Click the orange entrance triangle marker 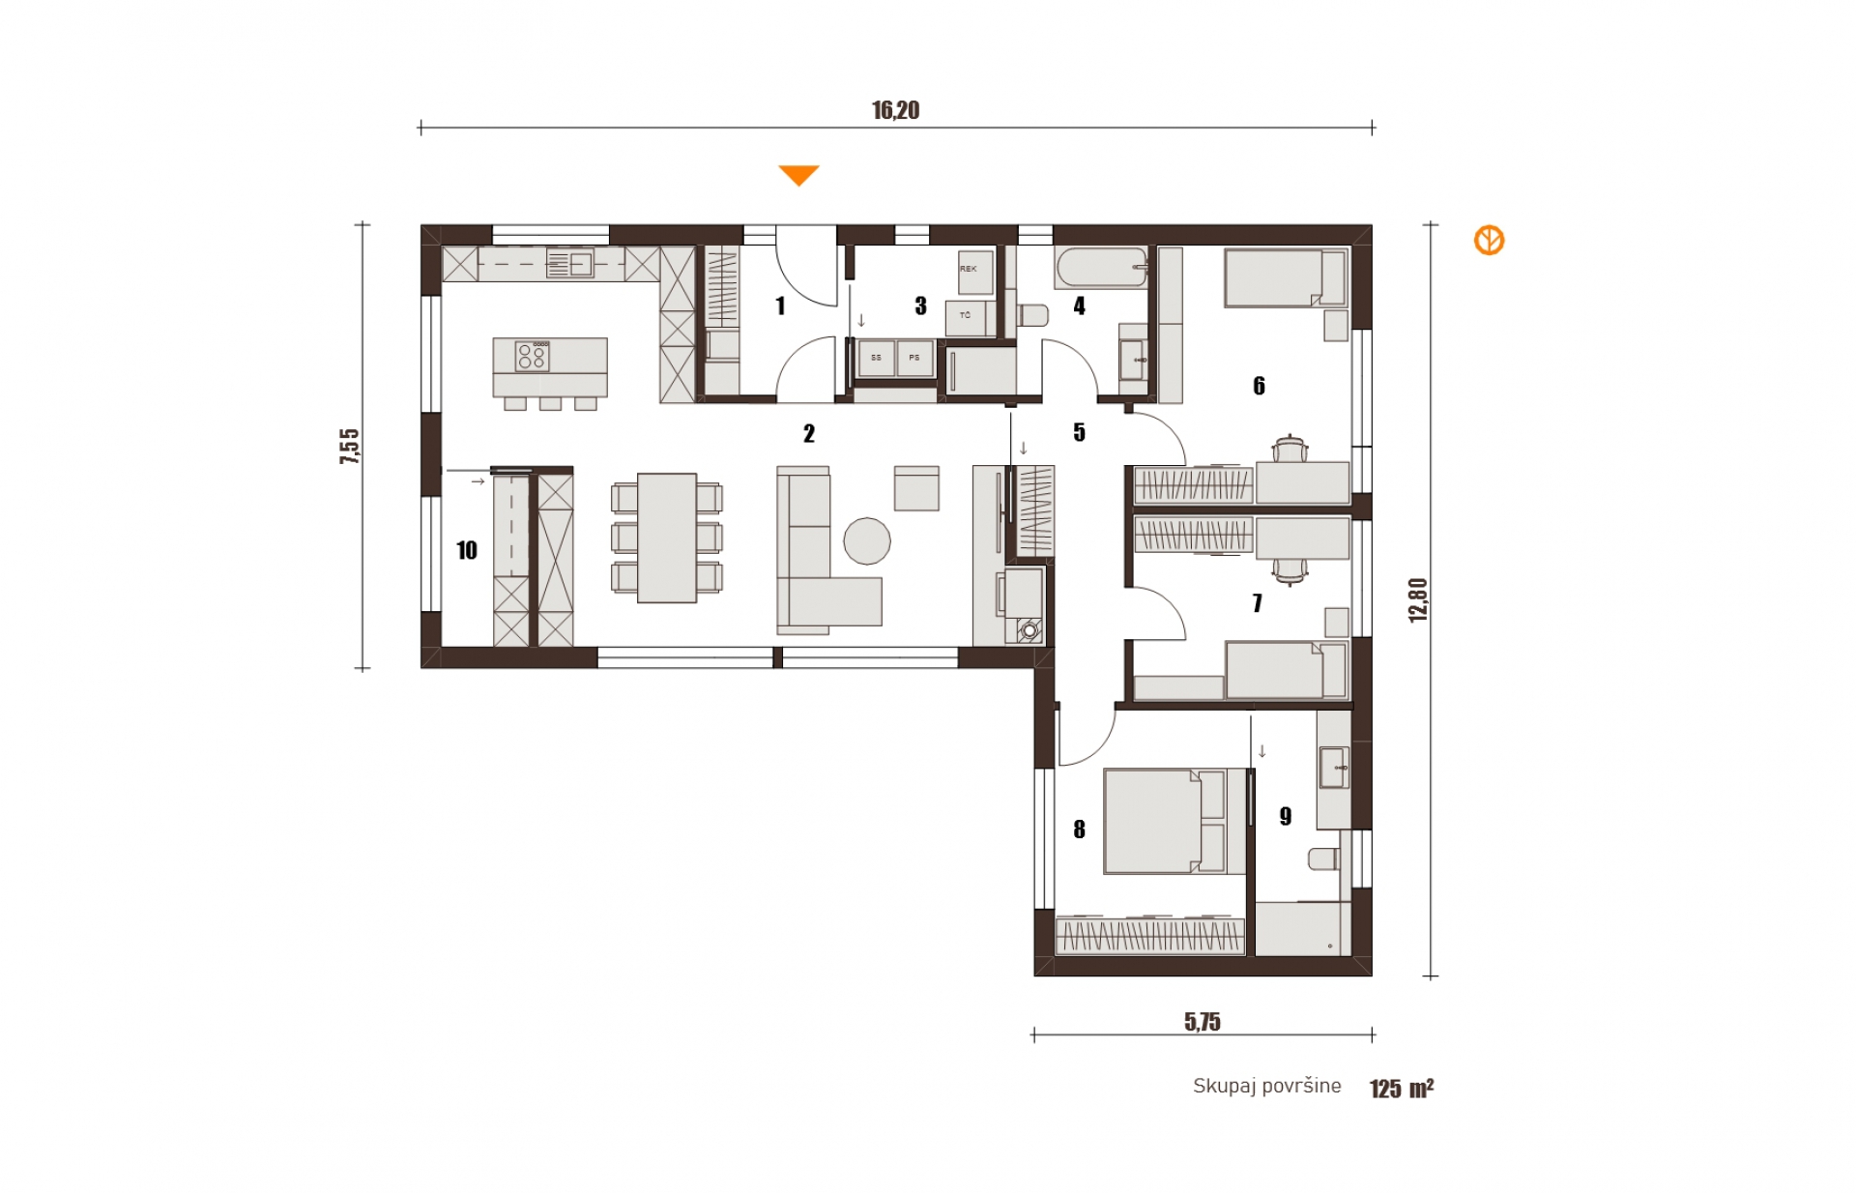coord(799,175)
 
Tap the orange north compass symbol coord(1489,241)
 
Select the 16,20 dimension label coord(896,110)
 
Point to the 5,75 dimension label coord(1203,1022)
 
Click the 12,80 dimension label coord(1418,599)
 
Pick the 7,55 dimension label coord(349,447)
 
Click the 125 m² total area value coord(1402,1089)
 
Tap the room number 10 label coord(467,550)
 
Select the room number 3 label coord(920,306)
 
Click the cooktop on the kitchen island coord(532,356)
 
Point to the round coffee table coord(867,540)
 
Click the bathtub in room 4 coord(1101,268)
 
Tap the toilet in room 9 coord(1324,858)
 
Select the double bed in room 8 coord(1174,822)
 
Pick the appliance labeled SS coord(877,358)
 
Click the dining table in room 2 coord(667,538)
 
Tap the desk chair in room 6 coord(1290,449)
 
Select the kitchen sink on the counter coord(570,263)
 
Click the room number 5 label coord(1079,432)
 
